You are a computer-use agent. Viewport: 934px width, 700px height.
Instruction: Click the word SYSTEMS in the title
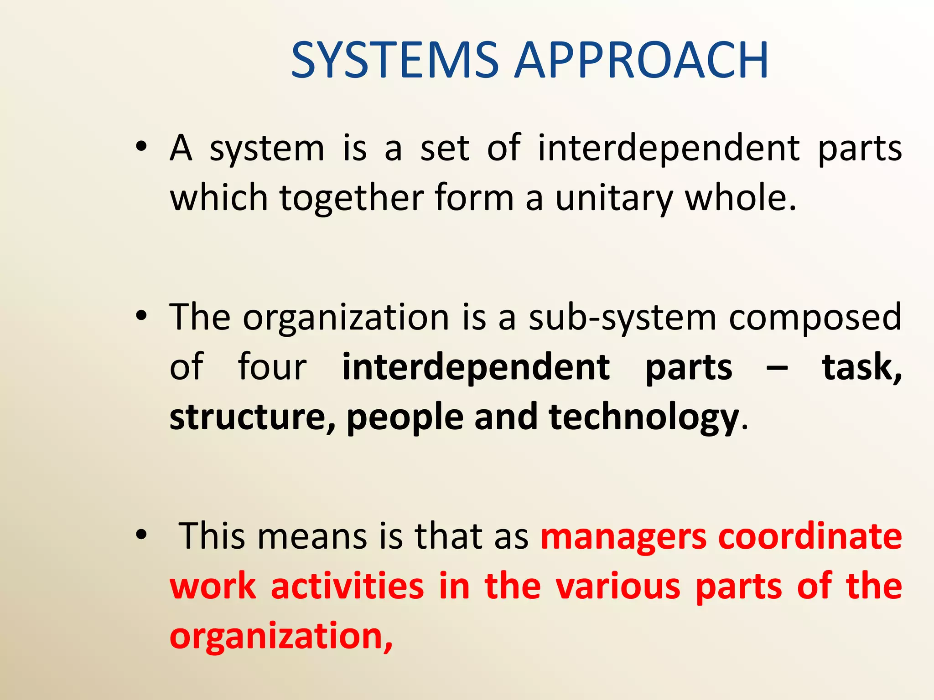click(395, 60)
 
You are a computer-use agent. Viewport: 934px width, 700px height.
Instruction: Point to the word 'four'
click(272, 366)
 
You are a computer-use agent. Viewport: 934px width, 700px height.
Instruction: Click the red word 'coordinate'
click(810, 537)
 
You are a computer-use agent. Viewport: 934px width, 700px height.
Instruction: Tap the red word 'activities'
click(347, 586)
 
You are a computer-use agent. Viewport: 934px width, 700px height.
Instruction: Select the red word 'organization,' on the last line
click(281, 637)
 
